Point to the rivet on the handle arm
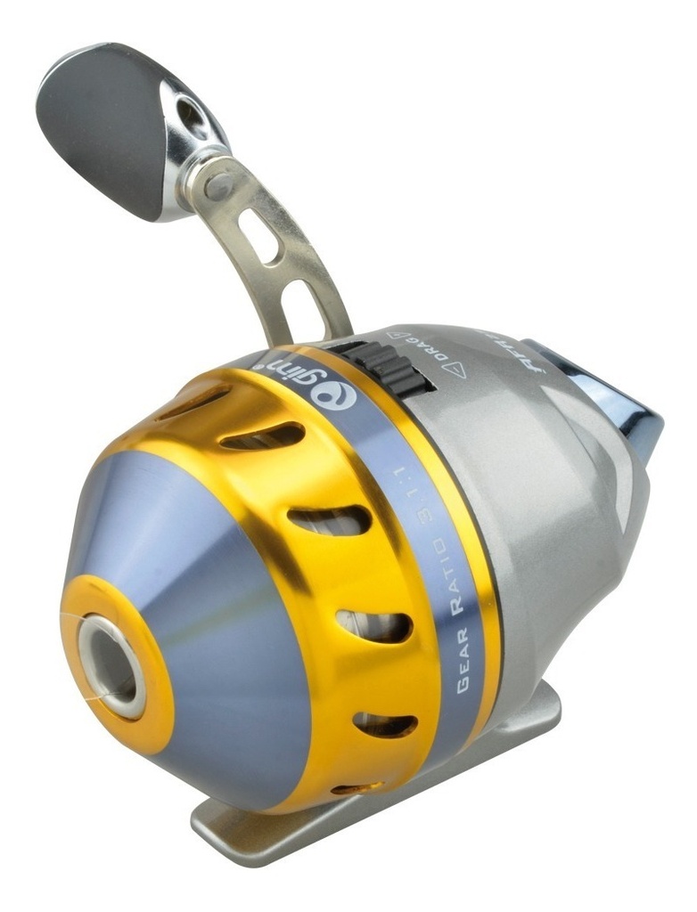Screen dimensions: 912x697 [217, 184]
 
